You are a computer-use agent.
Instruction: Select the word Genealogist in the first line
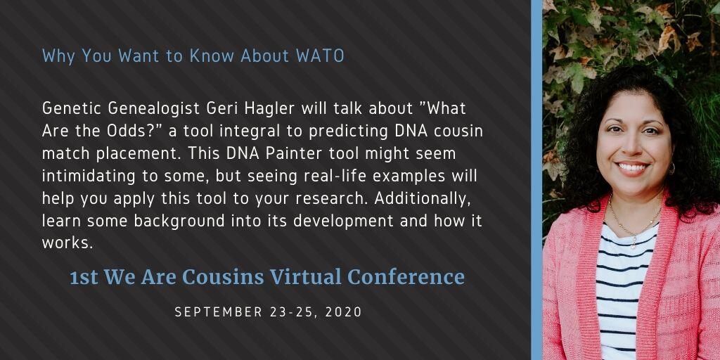click(155, 109)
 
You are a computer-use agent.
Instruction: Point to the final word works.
click(67, 243)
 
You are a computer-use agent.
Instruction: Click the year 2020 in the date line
click(343, 312)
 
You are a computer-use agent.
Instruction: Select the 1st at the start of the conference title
click(84, 277)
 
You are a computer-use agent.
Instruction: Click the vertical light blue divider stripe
click(536, 180)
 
